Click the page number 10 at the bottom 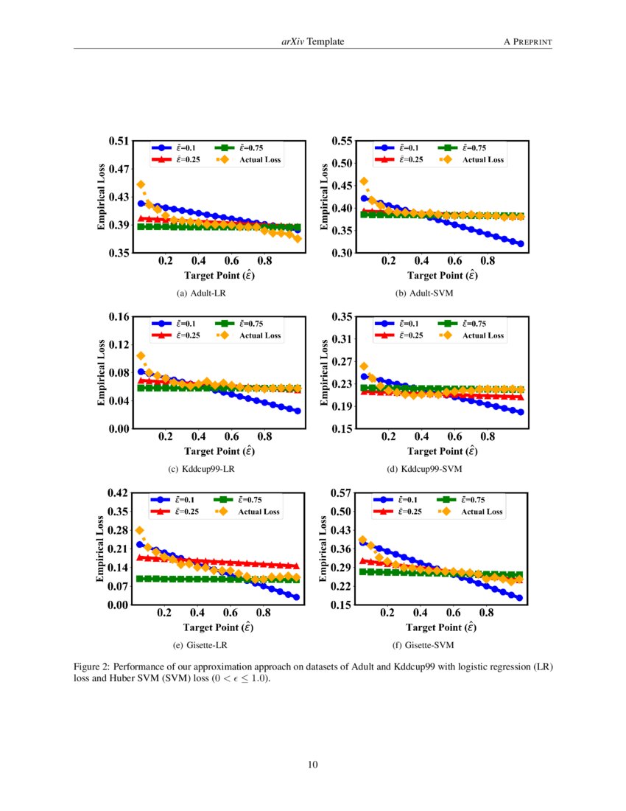(313, 764)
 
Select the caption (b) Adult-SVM (424, 293)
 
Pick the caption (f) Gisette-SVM (424, 645)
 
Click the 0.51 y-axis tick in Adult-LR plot (119, 141)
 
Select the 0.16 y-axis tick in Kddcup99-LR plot (119, 317)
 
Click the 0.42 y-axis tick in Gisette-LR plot (119, 492)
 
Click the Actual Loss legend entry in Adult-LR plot (250, 159)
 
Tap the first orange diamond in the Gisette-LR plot (140, 530)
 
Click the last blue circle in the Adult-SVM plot (520, 244)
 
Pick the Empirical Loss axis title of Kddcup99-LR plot (102, 372)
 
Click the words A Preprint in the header (527, 42)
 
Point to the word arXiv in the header (293, 42)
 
